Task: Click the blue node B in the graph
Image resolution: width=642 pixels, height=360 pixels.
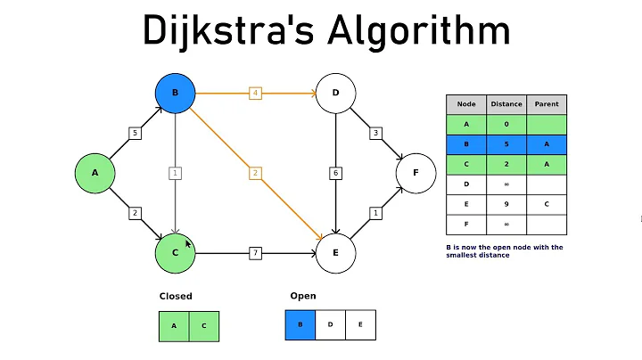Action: (x=175, y=94)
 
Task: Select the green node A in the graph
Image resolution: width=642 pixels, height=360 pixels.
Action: (x=95, y=173)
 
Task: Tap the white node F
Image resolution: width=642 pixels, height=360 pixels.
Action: (x=416, y=173)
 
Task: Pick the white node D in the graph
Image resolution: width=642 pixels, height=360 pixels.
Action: (x=336, y=94)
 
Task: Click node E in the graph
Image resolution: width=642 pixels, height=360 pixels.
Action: (x=336, y=253)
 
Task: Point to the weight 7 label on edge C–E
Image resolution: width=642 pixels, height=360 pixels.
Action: (x=255, y=254)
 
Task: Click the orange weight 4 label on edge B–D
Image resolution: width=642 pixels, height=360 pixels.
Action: (x=255, y=93)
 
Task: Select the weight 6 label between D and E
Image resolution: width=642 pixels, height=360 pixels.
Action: (x=336, y=173)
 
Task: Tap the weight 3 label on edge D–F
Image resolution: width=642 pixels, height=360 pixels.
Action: (x=376, y=134)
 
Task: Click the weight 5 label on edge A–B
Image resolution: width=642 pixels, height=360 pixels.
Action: (x=136, y=134)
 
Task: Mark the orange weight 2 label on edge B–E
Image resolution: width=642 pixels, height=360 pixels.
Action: (x=255, y=173)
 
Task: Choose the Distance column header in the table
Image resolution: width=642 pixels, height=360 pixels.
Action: (x=506, y=103)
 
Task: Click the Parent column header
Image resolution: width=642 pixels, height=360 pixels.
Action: (x=547, y=103)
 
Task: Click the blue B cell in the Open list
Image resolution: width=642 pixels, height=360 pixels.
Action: (x=300, y=325)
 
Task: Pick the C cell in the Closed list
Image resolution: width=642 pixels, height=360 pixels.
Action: (x=204, y=326)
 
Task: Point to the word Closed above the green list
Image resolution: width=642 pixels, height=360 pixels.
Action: (x=176, y=296)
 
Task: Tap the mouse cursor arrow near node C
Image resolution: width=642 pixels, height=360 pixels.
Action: (x=188, y=243)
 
